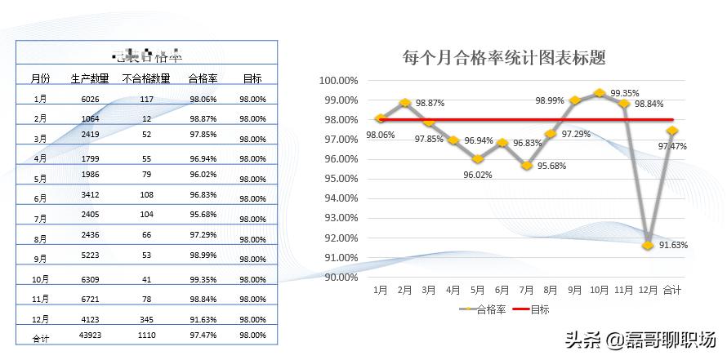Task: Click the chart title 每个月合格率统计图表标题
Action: coord(504,58)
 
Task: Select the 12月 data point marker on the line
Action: coord(648,245)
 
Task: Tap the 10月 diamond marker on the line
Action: coord(600,93)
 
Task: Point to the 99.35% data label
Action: coord(625,93)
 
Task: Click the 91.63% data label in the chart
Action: coord(674,245)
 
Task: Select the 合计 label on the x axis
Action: coord(672,290)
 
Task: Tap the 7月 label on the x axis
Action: coord(526,290)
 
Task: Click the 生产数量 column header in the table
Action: coord(90,79)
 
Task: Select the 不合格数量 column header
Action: coord(146,79)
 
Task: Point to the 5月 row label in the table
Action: coord(40,178)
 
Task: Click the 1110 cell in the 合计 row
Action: coord(146,335)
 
